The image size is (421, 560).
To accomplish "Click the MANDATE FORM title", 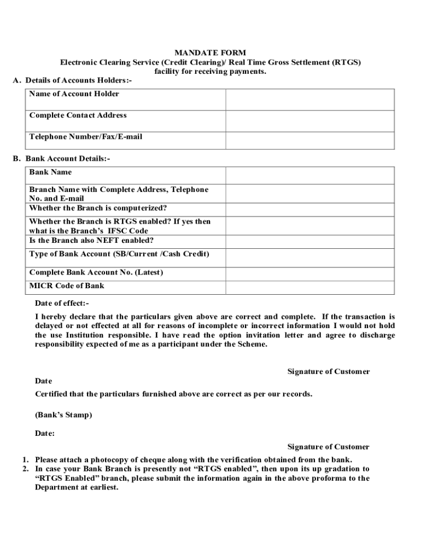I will [x=210, y=53].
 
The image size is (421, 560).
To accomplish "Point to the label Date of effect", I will [x=62, y=303].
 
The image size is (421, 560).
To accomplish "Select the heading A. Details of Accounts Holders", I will [x=72, y=81].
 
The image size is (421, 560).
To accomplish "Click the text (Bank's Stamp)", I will [x=63, y=415].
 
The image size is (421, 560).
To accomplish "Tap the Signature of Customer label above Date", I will [x=329, y=371].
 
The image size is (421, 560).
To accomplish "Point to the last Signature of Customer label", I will [x=329, y=447].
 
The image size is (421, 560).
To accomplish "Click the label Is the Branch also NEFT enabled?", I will [x=91, y=240].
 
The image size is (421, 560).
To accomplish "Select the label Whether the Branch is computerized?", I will [x=98, y=208].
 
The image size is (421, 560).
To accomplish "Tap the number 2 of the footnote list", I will [x=25, y=469].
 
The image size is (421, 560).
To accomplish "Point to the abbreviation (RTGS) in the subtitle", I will [x=346, y=62].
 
